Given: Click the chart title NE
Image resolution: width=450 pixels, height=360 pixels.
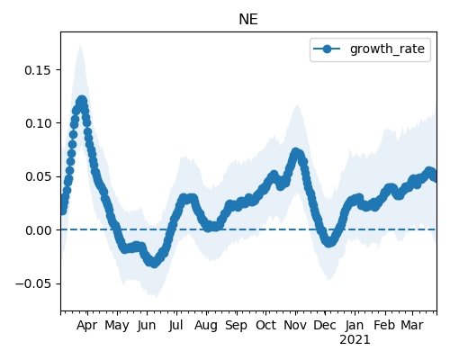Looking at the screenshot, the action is coord(248,20).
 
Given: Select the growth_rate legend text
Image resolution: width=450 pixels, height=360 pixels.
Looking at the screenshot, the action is coord(387,49).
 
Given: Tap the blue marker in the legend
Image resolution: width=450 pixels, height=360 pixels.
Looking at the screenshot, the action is coord(327,49).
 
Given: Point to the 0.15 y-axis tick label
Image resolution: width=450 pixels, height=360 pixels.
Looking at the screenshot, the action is coord(39,70).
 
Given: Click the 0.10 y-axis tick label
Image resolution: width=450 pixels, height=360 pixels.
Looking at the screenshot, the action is coord(39,123).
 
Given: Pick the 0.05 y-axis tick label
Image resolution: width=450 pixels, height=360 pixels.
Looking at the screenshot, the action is coord(39,176).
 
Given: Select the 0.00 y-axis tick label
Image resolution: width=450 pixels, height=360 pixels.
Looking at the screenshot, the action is coord(39,230).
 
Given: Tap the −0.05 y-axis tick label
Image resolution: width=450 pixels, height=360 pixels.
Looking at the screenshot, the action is coord(34,283).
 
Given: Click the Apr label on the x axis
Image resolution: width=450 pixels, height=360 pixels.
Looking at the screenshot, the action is coord(87,325).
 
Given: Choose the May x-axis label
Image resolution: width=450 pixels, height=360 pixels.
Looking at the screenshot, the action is coord(117,325).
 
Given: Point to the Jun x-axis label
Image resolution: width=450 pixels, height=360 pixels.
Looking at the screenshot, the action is coord(147,325).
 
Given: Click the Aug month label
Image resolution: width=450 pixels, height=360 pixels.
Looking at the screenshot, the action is coord(206,325).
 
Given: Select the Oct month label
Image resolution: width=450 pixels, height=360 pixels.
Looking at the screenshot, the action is coord(265,325).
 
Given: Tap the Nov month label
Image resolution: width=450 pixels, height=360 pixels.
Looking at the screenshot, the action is coord(295,325).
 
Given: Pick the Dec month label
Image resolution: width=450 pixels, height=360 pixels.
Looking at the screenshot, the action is coord(325,325).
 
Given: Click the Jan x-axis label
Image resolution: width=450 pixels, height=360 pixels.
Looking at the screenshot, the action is coord(355,325).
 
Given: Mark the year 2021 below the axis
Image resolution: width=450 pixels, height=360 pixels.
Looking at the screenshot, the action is coord(355,340).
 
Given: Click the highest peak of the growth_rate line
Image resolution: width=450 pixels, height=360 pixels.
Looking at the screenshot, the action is coord(82,101).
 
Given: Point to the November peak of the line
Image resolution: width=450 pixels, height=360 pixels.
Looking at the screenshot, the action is coord(296,152).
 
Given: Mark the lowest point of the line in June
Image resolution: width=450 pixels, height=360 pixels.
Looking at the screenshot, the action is coord(154,263).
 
